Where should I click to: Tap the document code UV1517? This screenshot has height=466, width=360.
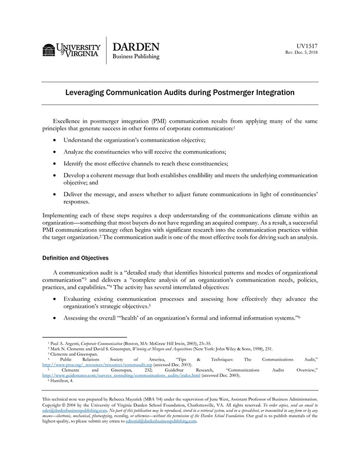pyautogui.click(x=308, y=45)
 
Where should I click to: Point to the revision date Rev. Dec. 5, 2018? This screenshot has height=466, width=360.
pyautogui.click(x=302, y=52)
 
